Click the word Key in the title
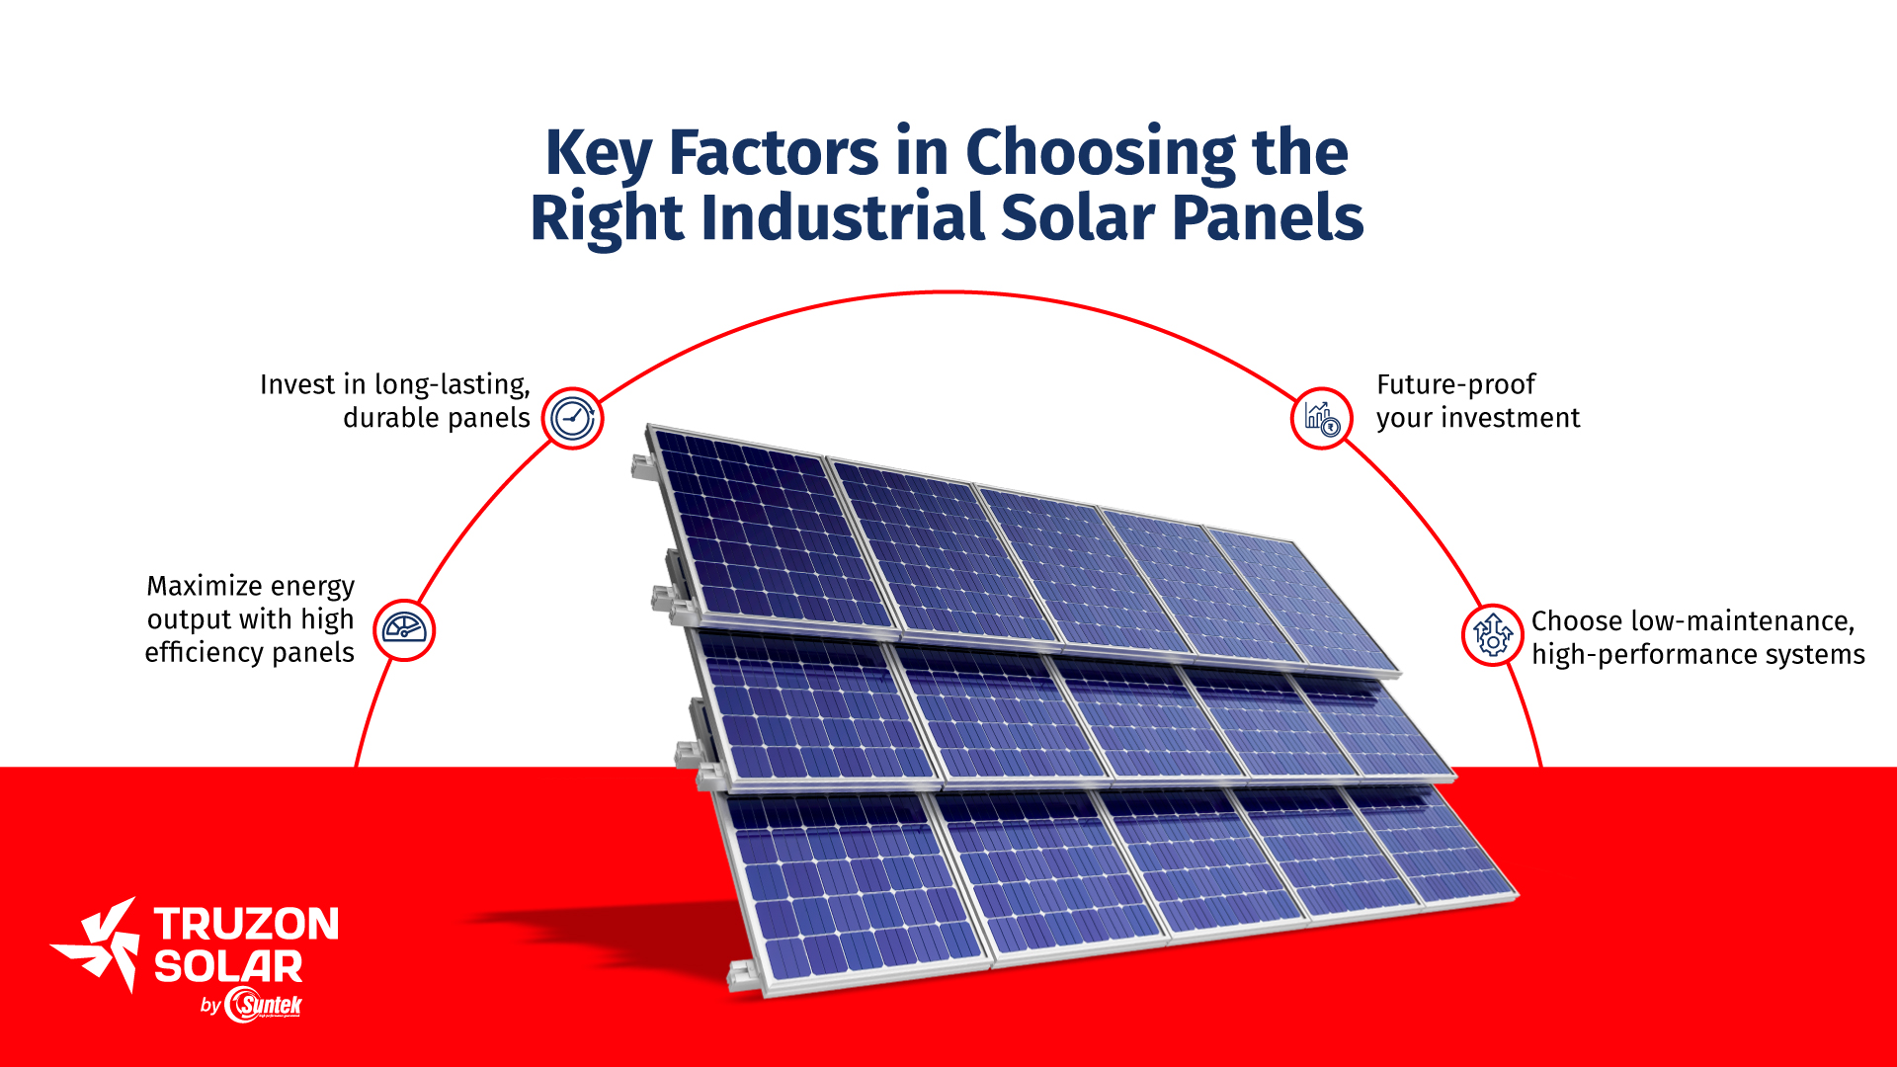pos(599,155)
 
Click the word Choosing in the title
pos(1101,155)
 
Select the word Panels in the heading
pos(1268,217)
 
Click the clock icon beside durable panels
pos(572,418)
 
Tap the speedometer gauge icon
pos(404,629)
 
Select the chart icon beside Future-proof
pos(1321,418)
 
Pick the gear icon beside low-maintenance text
pos(1492,634)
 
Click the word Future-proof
pos(1456,385)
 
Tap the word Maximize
pos(205,586)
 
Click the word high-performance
pos(1626,655)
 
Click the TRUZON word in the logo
pos(246,924)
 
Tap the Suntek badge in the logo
pos(264,1005)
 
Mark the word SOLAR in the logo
pos(228,966)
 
